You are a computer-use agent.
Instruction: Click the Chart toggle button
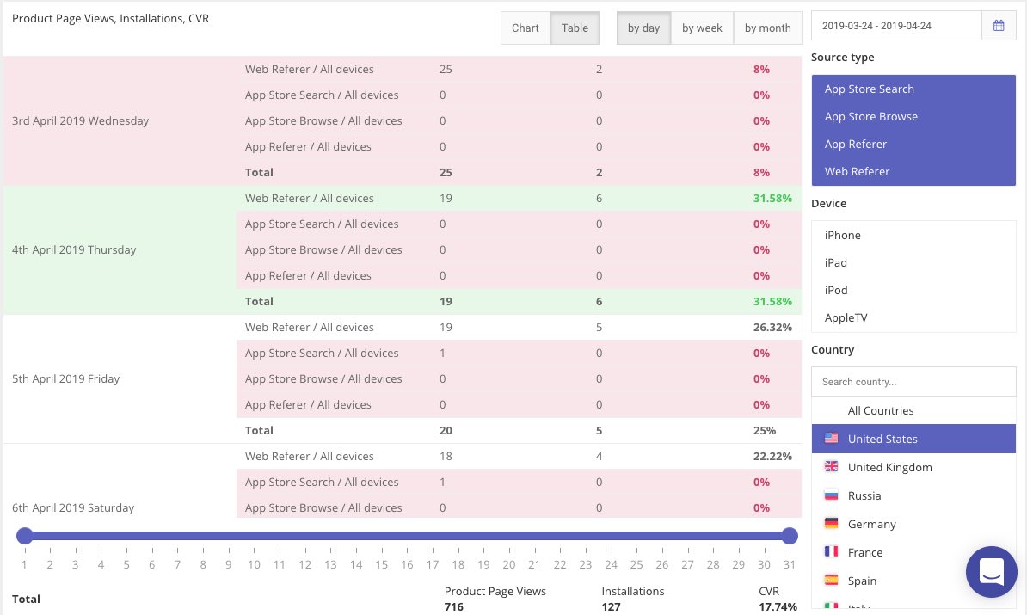[525, 28]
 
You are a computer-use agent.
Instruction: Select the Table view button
[575, 28]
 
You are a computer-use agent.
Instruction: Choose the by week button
[702, 28]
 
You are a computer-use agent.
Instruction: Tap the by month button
[767, 28]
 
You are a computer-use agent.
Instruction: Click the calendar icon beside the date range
[999, 26]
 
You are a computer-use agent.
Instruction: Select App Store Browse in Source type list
[870, 116]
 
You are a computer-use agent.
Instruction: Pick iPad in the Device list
[835, 262]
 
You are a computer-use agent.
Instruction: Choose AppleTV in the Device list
[846, 317]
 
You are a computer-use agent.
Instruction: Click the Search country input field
[913, 382]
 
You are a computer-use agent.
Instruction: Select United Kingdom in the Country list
[889, 467]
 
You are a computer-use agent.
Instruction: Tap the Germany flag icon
[831, 524]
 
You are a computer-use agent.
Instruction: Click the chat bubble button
[991, 571]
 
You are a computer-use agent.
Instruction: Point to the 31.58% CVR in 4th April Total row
[772, 301]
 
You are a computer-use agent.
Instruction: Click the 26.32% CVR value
[772, 327]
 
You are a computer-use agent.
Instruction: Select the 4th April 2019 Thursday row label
[74, 249]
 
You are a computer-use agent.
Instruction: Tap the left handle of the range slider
[24, 536]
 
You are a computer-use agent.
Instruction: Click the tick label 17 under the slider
[432, 564]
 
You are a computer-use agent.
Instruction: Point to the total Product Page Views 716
[453, 606]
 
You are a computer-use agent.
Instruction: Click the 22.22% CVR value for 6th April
[772, 456]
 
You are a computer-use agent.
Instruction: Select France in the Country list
[864, 552]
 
